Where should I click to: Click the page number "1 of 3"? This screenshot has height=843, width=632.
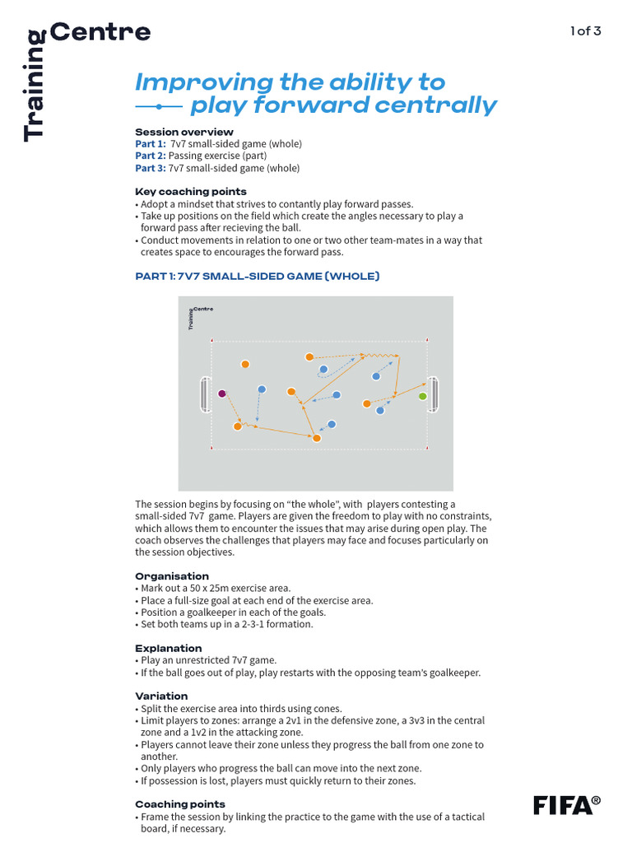click(586, 31)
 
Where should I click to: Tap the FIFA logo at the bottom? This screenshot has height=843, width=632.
click(566, 804)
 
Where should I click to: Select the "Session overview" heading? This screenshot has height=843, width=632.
click(184, 132)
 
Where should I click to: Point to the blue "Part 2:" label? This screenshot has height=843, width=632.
click(151, 156)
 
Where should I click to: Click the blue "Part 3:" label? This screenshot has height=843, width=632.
click(151, 168)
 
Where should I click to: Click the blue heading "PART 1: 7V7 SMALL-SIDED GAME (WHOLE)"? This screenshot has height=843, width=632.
click(257, 277)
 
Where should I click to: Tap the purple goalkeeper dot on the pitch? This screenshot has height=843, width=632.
click(221, 394)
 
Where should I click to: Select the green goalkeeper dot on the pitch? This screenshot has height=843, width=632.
click(423, 396)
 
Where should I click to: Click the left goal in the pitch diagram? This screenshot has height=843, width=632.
click(204, 394)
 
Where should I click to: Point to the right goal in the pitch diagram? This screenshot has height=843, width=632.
click(433, 395)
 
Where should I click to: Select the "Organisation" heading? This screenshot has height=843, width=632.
click(171, 576)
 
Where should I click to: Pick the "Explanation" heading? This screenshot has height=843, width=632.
click(168, 648)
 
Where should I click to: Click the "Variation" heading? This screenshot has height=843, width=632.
click(161, 696)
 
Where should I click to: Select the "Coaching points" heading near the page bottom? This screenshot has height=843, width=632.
click(179, 804)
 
